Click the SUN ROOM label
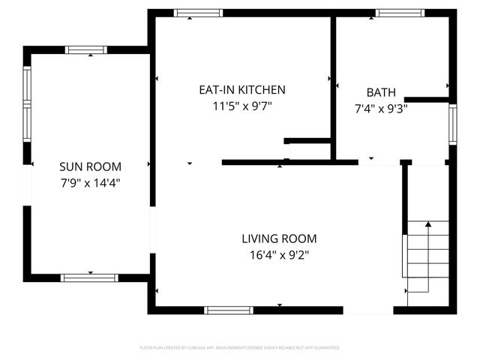click(90, 166)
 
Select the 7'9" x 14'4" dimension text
click(90, 182)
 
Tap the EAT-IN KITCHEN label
click(241, 90)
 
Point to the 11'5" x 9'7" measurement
click(241, 106)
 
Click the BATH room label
click(381, 92)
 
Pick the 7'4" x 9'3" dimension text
click(381, 108)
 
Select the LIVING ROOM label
click(279, 238)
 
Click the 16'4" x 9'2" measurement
click(279, 254)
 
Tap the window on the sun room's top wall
click(86, 50)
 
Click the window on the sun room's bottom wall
click(89, 277)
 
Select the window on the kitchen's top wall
click(199, 13)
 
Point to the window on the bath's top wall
click(400, 13)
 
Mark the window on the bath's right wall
click(452, 123)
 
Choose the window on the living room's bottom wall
click(229, 310)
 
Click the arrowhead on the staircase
click(428, 223)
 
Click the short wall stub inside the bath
click(426, 99)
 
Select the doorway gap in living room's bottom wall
click(368, 310)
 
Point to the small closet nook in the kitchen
click(309, 150)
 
